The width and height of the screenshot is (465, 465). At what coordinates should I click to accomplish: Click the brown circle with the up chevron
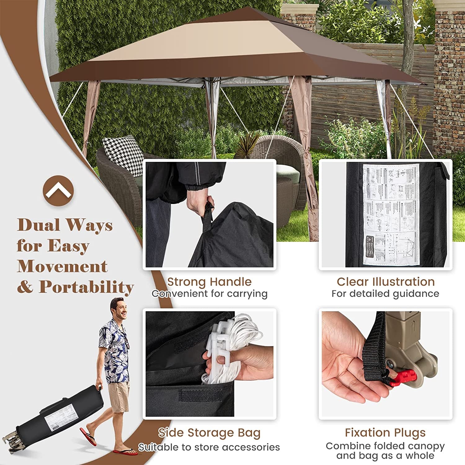58,190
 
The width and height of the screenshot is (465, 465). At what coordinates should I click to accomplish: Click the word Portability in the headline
86,287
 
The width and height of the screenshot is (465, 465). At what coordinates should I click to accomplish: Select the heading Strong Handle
209,282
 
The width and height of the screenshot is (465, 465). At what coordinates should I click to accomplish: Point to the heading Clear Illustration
386,282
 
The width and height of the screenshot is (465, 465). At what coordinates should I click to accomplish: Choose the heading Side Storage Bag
209,433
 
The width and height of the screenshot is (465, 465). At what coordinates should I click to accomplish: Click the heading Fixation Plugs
385,432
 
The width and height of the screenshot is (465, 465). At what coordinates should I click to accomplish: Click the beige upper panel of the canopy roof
198,43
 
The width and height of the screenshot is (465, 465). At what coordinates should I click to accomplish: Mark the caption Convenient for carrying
209,294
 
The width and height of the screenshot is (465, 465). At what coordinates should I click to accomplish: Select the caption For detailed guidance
385,294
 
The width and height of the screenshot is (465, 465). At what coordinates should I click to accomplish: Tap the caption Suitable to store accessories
209,447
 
